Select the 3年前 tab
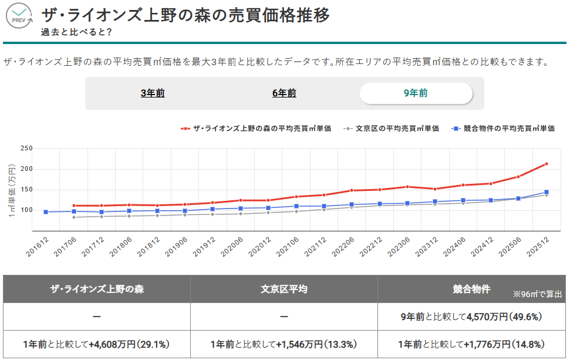click(x=153, y=93)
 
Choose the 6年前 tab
click(x=284, y=93)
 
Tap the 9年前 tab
click(x=416, y=93)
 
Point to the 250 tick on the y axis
click(x=26, y=149)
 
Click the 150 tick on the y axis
click(x=26, y=190)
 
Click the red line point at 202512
click(x=547, y=164)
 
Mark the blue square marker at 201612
click(x=46, y=211)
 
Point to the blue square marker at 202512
click(x=547, y=192)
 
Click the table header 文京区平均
click(x=284, y=289)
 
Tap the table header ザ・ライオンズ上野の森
click(x=97, y=289)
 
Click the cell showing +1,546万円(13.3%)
click(x=284, y=344)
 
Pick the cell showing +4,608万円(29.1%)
click(x=97, y=344)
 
